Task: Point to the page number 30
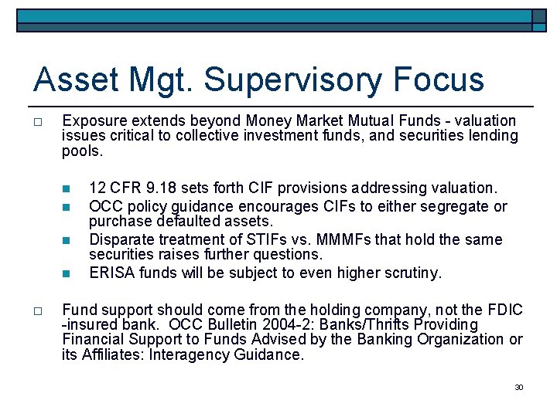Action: click(519, 387)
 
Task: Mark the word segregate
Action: click(458, 206)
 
